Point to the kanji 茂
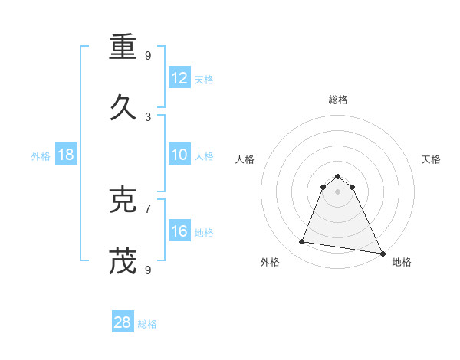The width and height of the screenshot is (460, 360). pyautogui.click(x=123, y=262)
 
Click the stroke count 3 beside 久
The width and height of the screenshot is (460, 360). pyautogui.click(x=148, y=117)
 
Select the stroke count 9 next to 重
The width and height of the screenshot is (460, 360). pyautogui.click(x=148, y=55)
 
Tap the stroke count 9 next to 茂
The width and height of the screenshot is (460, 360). pyautogui.click(x=148, y=270)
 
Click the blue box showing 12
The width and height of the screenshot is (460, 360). pyautogui.click(x=179, y=78)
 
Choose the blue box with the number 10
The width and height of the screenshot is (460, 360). pyautogui.click(x=179, y=155)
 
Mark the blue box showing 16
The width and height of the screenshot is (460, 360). pyautogui.click(x=179, y=231)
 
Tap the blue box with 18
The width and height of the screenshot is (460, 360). pyautogui.click(x=66, y=155)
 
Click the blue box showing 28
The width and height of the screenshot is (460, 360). pyautogui.click(x=123, y=322)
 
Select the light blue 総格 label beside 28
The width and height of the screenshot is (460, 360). pyautogui.click(x=147, y=324)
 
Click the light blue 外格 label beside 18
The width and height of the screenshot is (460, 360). pyautogui.click(x=41, y=156)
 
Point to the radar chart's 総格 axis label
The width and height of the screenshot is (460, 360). pyautogui.click(x=338, y=100)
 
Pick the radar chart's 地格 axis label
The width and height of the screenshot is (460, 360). pyautogui.click(x=402, y=262)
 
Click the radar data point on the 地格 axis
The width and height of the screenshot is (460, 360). pyautogui.click(x=383, y=253)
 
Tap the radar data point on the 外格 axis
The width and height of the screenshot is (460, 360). pyautogui.click(x=302, y=242)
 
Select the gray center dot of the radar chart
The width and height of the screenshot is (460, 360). pyautogui.click(x=338, y=191)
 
